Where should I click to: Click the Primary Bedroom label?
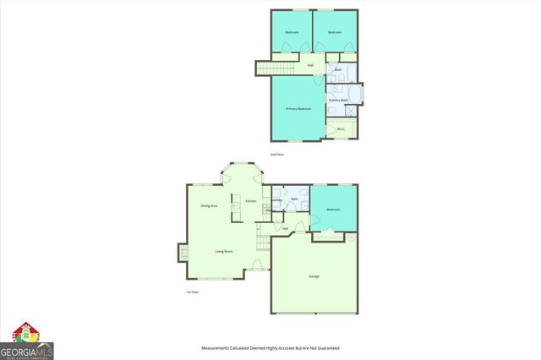tap(298, 109)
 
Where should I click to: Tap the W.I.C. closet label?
tap(341, 129)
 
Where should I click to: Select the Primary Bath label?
tap(338, 100)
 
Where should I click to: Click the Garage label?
tap(314, 276)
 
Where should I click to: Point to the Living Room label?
tap(224, 251)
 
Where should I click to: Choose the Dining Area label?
tap(209, 206)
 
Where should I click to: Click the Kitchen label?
tap(251, 200)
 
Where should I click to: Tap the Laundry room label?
tap(277, 200)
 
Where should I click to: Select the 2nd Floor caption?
tap(276, 155)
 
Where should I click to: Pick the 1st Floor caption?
tap(193, 292)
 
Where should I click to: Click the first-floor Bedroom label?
tap(333, 209)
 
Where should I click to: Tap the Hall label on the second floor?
tap(310, 65)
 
